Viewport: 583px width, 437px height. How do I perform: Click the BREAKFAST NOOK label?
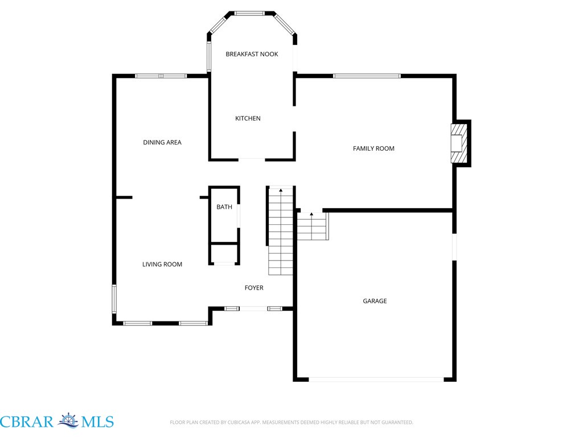(x=252, y=54)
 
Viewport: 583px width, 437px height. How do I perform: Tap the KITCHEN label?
(x=248, y=118)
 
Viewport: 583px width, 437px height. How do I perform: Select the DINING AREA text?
(x=162, y=142)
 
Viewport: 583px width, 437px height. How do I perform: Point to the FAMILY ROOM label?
(x=373, y=149)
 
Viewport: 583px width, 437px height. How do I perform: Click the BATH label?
(x=224, y=207)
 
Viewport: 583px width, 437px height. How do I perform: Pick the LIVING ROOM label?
(x=162, y=264)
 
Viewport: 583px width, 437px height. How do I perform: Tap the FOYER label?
(x=254, y=287)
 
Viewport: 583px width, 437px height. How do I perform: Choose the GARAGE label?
(x=375, y=301)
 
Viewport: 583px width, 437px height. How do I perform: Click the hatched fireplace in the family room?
(x=458, y=143)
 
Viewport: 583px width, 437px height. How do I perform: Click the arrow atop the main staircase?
(x=281, y=190)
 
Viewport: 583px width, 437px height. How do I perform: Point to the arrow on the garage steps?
(x=311, y=214)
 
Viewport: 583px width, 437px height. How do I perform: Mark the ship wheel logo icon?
(x=68, y=421)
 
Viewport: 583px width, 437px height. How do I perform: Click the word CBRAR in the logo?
(x=27, y=422)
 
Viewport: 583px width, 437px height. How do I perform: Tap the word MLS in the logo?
(x=97, y=422)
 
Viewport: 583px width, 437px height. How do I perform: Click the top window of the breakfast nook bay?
(x=249, y=14)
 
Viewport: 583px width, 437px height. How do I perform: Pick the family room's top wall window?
(x=367, y=76)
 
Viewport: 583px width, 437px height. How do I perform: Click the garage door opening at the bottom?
(x=376, y=380)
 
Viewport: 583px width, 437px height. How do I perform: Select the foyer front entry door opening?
(x=253, y=309)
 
